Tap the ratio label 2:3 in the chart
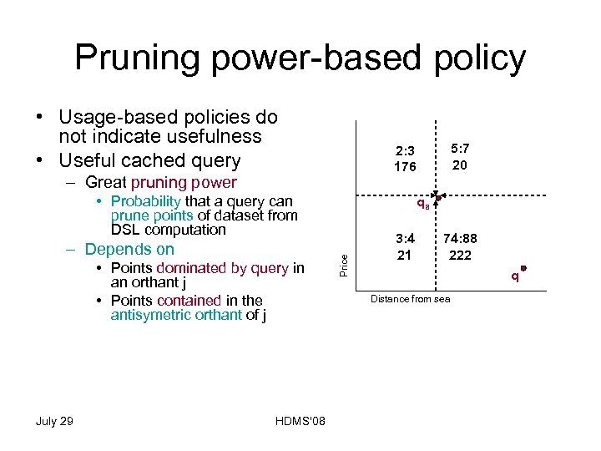406,151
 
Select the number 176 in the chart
406,166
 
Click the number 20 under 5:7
460,165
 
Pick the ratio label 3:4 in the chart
404,239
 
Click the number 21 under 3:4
404,255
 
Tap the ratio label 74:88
460,239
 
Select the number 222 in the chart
460,255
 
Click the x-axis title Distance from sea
411,298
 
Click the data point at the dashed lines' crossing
437,198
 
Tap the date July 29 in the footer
54,420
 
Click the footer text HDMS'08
300,420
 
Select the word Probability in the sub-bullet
145,201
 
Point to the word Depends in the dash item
112,249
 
